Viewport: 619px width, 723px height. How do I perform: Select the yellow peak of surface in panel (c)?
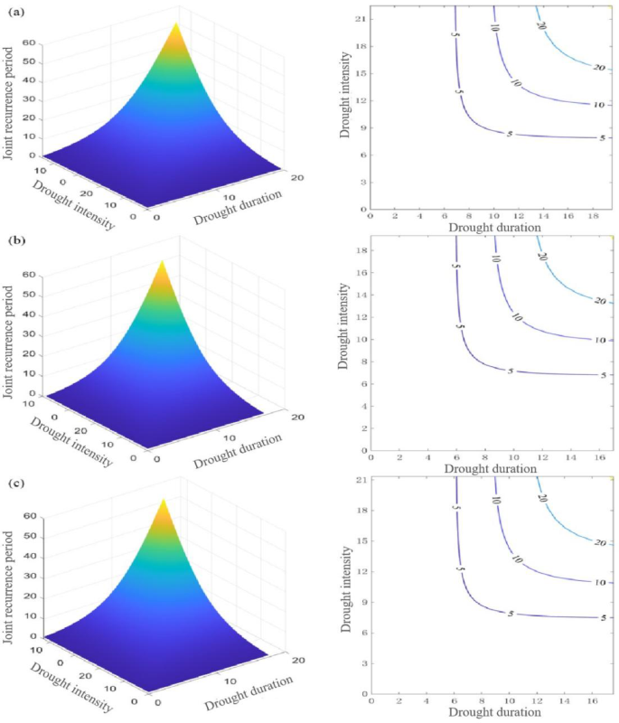point(164,506)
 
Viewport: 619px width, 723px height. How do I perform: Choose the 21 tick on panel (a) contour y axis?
point(361,19)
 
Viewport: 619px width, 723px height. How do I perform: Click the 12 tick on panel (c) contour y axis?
point(361,572)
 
